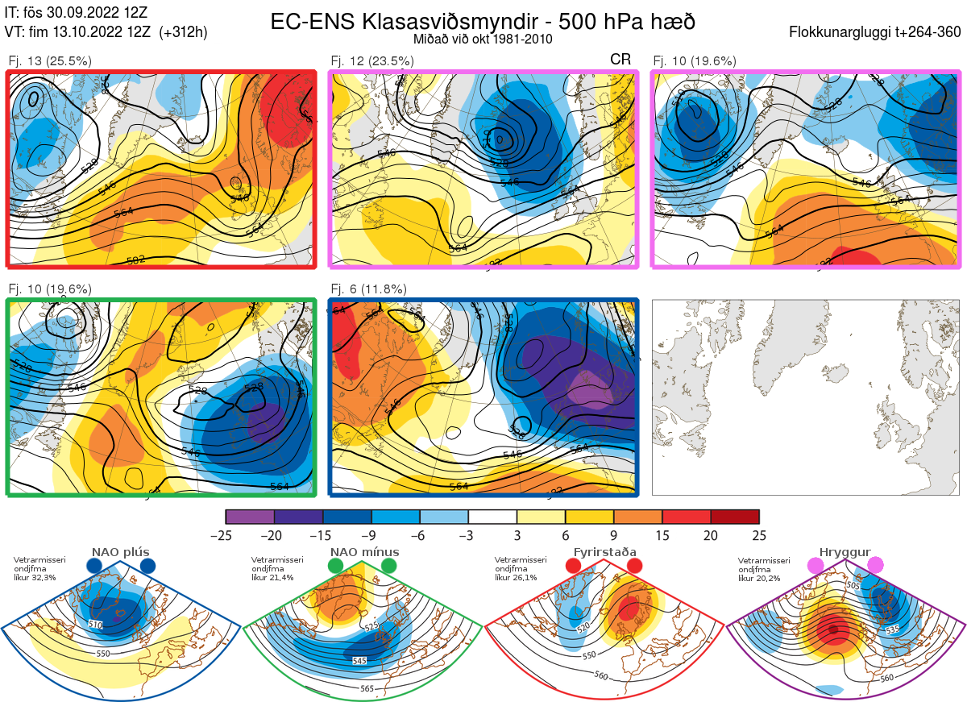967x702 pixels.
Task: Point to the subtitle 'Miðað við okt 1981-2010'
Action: (483, 39)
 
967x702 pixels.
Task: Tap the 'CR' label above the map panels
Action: (620, 60)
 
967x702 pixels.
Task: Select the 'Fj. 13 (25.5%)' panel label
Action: (50, 60)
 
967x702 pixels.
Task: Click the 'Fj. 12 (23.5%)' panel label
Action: (372, 60)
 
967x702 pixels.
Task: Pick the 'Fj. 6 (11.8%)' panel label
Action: (369, 289)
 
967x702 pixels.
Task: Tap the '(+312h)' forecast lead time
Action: (184, 32)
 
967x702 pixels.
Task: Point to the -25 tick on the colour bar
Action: (226, 535)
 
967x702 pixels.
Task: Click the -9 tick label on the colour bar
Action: (371, 535)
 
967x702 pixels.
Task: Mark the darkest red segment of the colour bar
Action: (735, 517)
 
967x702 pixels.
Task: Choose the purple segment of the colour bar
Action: (250, 517)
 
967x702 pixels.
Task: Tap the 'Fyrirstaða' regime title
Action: (603, 552)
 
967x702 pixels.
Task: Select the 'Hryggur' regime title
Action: (845, 552)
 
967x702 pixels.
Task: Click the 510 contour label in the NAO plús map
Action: (96, 625)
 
